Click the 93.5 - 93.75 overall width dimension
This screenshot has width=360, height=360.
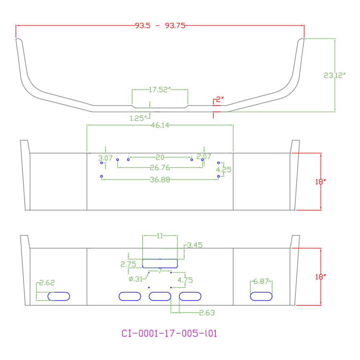pos(160,26)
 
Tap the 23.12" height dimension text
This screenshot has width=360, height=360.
pos(334,75)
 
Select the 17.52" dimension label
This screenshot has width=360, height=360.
pos(159,90)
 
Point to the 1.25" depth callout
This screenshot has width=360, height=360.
pos(138,118)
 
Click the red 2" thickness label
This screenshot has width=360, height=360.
pos(220,99)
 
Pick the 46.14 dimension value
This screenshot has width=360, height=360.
pos(160,125)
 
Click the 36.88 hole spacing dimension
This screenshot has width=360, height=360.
pos(160,180)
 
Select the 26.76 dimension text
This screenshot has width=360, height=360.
pos(160,168)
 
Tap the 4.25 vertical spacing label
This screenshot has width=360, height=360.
pos(224,170)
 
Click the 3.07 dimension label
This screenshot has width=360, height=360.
pos(105,158)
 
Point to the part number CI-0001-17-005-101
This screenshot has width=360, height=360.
pos(169,333)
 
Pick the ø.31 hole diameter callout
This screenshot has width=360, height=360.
pos(136,279)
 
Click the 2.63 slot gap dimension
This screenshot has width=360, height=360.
pos(207,313)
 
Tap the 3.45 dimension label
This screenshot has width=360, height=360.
pos(195,245)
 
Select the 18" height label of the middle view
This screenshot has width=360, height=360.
pos(320,181)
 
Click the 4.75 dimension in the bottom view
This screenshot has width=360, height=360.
pos(185,280)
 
